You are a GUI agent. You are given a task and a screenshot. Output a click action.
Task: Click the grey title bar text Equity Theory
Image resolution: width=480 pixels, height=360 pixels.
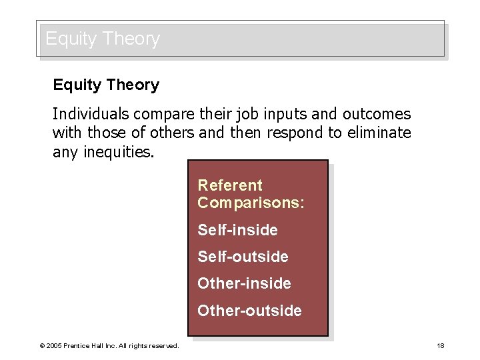tap(103, 39)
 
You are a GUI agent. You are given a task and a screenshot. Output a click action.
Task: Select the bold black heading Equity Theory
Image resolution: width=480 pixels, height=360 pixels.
tap(106, 85)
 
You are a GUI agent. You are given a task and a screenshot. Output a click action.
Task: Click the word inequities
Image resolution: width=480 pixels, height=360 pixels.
tap(119, 153)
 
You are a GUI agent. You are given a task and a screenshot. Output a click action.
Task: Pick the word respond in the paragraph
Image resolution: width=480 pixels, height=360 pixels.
tap(294, 133)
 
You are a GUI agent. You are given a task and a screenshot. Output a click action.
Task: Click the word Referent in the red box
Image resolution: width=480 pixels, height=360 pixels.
tap(230, 185)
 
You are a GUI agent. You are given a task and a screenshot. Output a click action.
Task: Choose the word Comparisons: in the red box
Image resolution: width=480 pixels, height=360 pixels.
tap(251, 203)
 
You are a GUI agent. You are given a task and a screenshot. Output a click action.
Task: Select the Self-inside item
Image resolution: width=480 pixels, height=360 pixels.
tap(237, 231)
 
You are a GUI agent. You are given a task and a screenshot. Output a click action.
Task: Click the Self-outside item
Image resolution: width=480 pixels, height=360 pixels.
tap(243, 257)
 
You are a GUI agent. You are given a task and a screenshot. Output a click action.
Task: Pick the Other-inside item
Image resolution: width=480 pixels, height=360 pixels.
tap(244, 284)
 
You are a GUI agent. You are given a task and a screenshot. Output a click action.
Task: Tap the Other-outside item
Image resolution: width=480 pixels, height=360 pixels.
tap(249, 311)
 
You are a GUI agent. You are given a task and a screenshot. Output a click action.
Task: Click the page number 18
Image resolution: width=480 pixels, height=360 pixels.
tap(440, 345)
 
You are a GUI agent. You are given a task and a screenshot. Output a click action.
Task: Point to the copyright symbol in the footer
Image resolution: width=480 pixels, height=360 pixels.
tap(42, 346)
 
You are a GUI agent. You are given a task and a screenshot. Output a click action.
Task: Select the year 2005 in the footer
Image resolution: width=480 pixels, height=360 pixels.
tap(53, 346)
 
